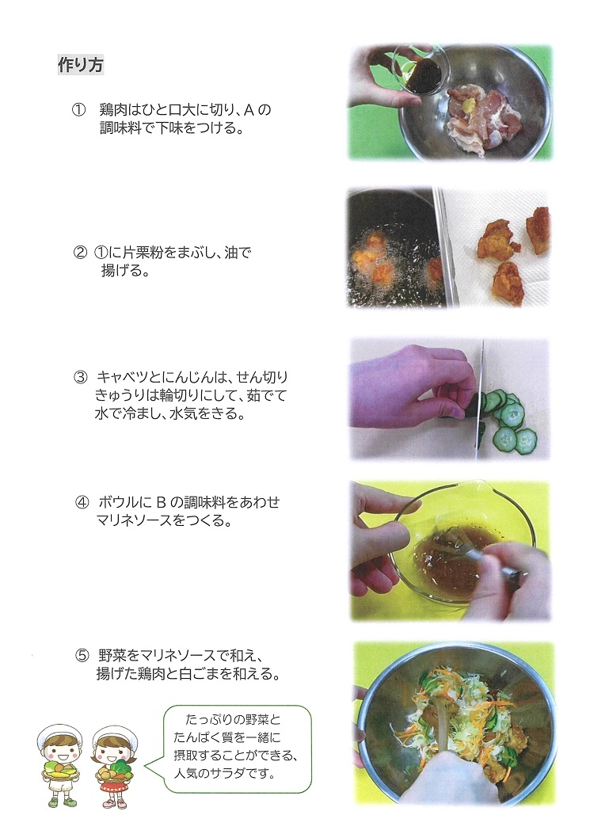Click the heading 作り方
[80, 66]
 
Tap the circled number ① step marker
[78, 110]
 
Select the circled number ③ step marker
[80, 377]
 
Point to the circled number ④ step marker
[82, 502]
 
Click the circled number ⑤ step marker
[82, 655]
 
